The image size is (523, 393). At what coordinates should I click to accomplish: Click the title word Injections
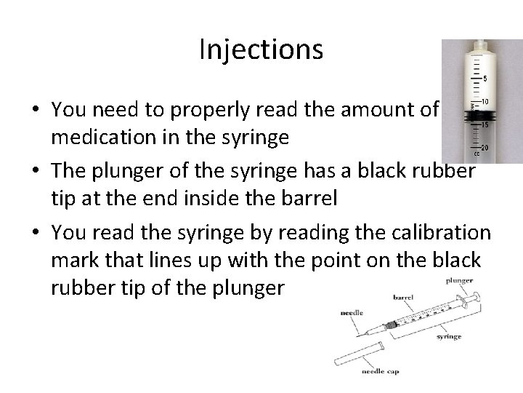click(261, 49)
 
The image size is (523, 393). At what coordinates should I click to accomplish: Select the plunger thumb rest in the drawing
click(477, 296)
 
